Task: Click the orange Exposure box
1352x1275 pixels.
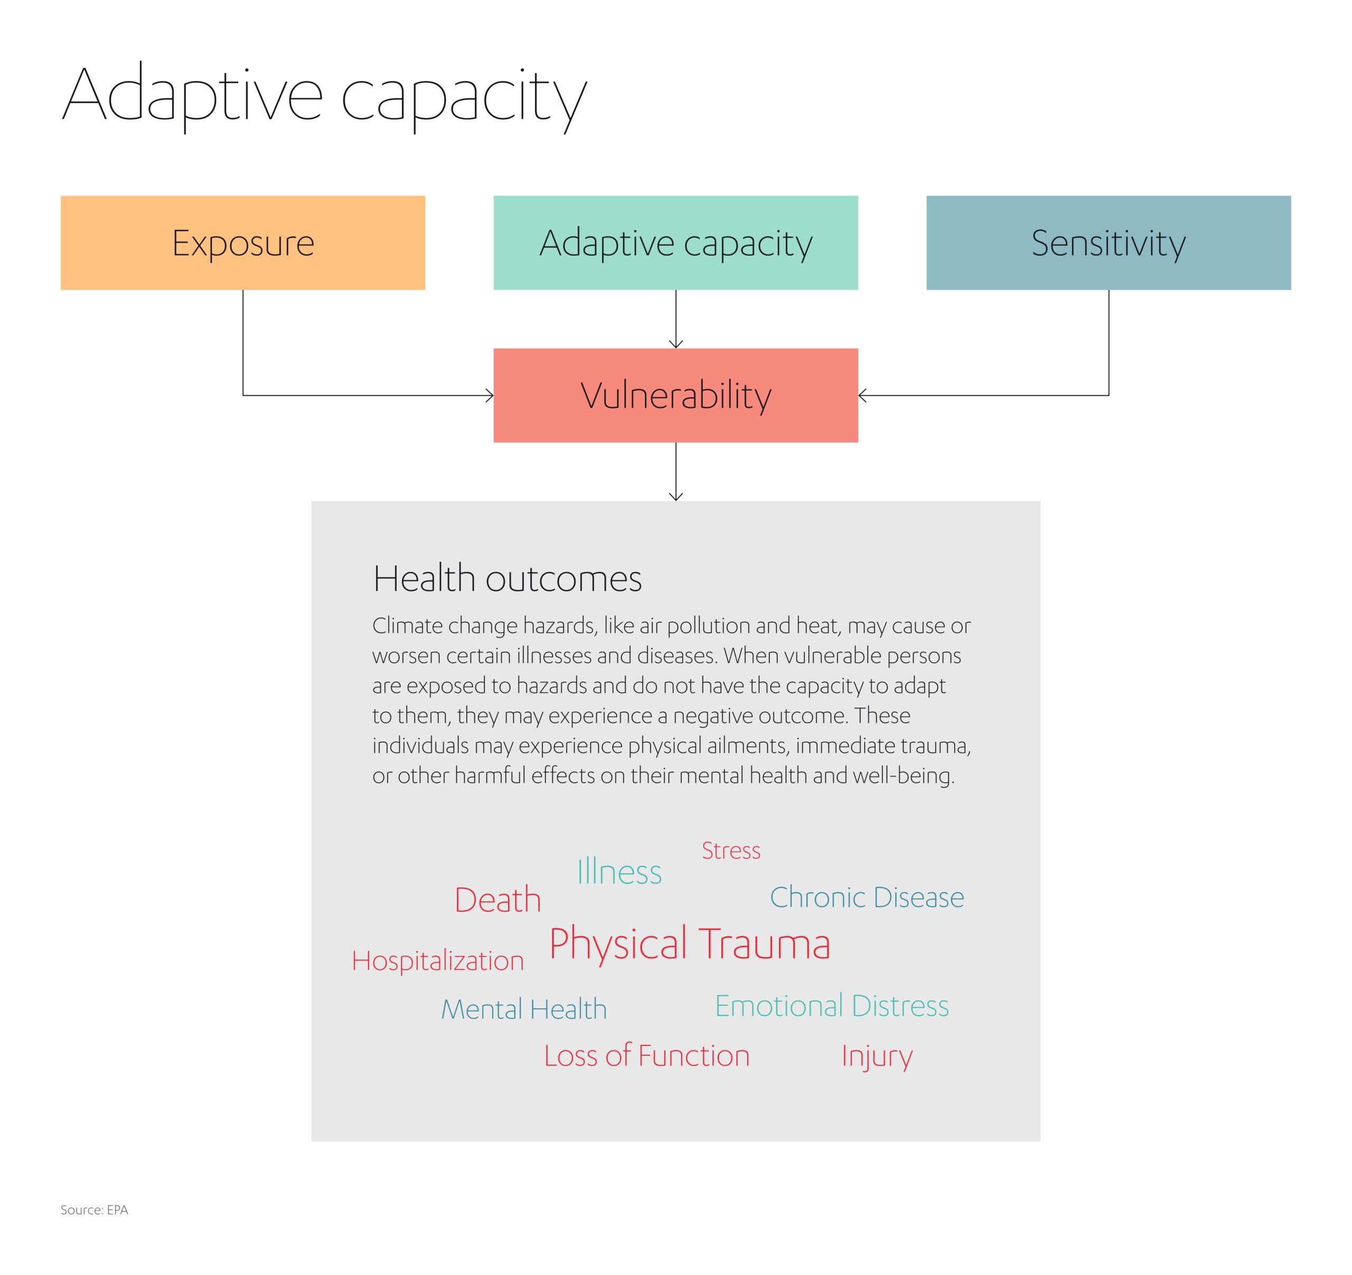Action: click(243, 243)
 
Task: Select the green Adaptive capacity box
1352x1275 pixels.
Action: click(675, 243)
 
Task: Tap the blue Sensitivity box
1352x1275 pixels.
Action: click(1108, 243)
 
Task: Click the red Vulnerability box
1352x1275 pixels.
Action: click(675, 395)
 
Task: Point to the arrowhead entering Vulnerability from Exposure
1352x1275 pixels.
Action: click(490, 395)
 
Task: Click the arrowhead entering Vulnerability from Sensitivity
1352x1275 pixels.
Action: click(862, 395)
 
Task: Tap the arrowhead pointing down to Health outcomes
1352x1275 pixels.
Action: click(675, 496)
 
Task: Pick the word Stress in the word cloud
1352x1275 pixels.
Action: click(731, 851)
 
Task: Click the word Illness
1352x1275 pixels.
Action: click(619, 872)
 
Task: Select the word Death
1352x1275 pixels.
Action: click(498, 901)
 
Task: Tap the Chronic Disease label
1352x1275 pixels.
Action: click(867, 897)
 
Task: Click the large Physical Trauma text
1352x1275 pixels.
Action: click(690, 944)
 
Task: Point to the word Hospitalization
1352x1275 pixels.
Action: click(438, 961)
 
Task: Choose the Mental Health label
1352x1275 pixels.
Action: click(524, 1009)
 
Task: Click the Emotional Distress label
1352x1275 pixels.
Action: click(832, 1006)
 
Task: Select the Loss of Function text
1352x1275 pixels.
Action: click(647, 1055)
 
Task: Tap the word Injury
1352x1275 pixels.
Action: click(877, 1056)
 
